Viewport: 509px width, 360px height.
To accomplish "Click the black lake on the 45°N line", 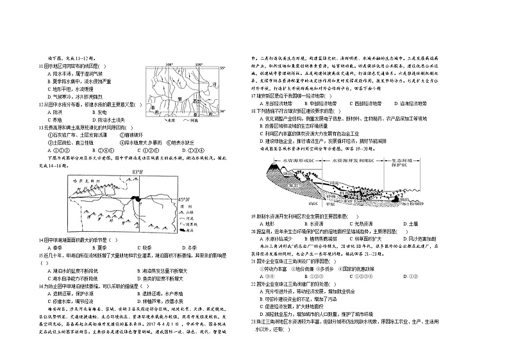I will pos(136,199).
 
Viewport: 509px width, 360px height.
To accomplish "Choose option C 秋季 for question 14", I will pos(145,247).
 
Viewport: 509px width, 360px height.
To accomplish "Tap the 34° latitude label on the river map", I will pos(222,111).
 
